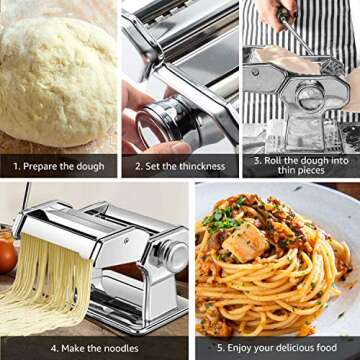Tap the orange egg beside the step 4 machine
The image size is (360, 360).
7,256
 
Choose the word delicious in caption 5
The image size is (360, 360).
294,347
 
